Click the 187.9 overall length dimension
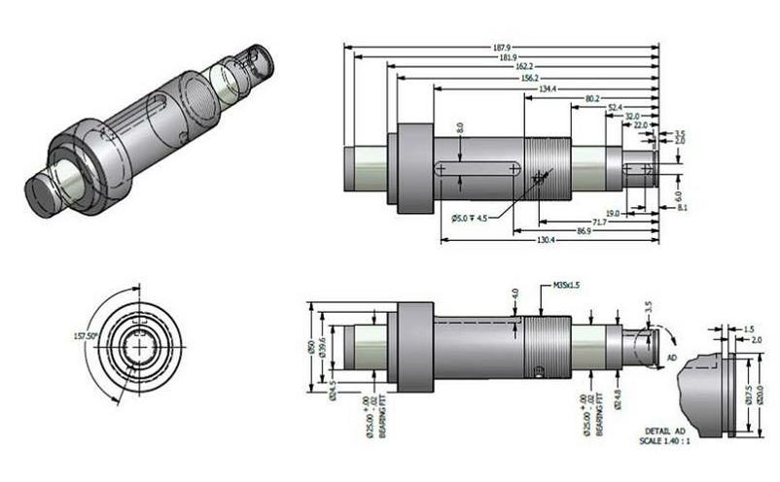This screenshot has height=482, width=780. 504,46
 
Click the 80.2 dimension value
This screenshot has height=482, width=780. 593,99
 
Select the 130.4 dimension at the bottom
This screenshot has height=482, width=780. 546,239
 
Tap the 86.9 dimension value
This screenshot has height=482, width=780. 584,230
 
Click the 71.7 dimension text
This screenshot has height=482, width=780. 599,222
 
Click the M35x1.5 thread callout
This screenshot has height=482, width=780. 567,286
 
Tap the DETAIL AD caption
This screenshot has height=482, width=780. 667,430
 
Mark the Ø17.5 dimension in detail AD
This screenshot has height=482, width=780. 747,394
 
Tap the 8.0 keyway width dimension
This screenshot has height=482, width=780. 460,127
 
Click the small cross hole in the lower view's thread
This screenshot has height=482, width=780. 541,367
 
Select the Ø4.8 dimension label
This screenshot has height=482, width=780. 619,397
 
